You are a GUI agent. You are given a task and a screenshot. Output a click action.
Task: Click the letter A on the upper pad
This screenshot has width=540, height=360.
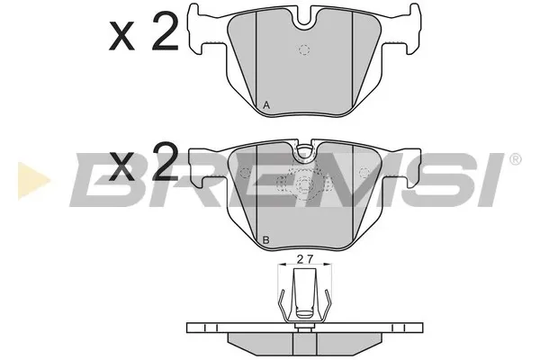click(x=265, y=105)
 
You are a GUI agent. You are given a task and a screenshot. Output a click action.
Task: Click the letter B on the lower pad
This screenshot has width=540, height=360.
click(x=265, y=240)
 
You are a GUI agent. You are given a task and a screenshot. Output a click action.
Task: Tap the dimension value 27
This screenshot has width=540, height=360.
click(x=305, y=259)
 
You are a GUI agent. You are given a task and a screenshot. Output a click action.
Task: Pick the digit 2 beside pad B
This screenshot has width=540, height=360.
click(x=166, y=163)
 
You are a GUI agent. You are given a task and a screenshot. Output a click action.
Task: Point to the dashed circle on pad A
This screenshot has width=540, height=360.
click(x=304, y=50)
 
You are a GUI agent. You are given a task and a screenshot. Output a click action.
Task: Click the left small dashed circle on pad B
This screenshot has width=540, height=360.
click(x=245, y=172)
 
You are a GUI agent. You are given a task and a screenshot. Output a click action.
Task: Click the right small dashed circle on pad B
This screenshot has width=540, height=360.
click(x=364, y=172)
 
